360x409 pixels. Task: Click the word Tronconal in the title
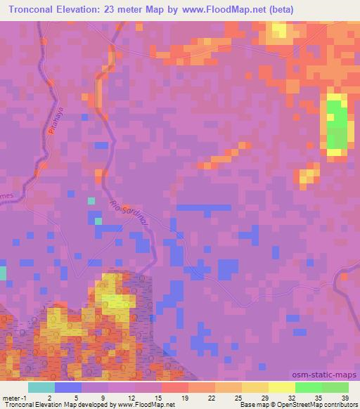coord(35,9)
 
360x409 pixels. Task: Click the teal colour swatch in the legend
coord(41,387)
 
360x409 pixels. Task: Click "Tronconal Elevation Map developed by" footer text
coord(49,404)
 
